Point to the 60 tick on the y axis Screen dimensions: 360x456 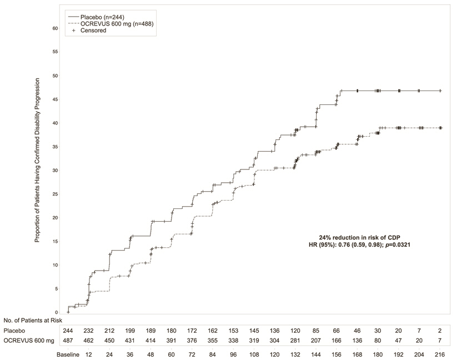tap(54, 28)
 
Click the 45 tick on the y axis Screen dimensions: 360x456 tap(54, 99)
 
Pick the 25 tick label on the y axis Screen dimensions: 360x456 tap(54, 194)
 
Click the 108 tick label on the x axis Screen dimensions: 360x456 tap(254, 353)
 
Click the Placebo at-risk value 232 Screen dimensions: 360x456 tap(88, 330)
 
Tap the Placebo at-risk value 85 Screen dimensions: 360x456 tap(316, 330)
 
